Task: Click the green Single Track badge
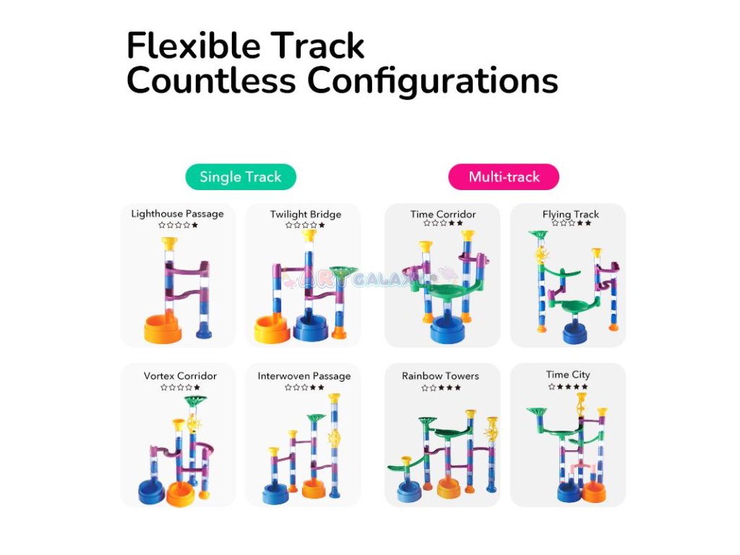pos(240,177)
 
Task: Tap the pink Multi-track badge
pos(504,177)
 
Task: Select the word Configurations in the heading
pos(433,81)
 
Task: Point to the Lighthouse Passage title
pos(178,214)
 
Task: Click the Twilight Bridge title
pos(305,215)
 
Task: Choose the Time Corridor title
pos(443,215)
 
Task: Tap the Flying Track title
pos(571,215)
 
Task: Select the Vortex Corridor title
pos(180,377)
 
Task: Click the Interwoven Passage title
pos(304,377)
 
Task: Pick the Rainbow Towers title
pos(441,377)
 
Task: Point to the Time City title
pos(568,375)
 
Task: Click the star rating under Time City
pos(568,387)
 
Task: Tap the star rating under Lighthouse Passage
pos(178,225)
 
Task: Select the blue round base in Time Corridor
pos(443,332)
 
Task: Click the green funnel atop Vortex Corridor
pos(194,400)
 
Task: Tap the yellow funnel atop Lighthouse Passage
pos(169,244)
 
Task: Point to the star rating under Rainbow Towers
pos(441,388)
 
